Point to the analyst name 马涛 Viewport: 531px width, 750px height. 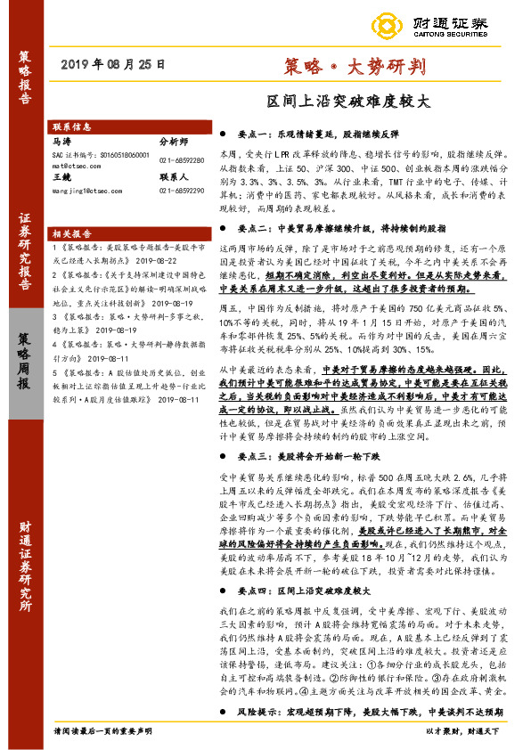pos(62,141)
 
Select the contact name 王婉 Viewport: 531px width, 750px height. pos(62,177)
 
